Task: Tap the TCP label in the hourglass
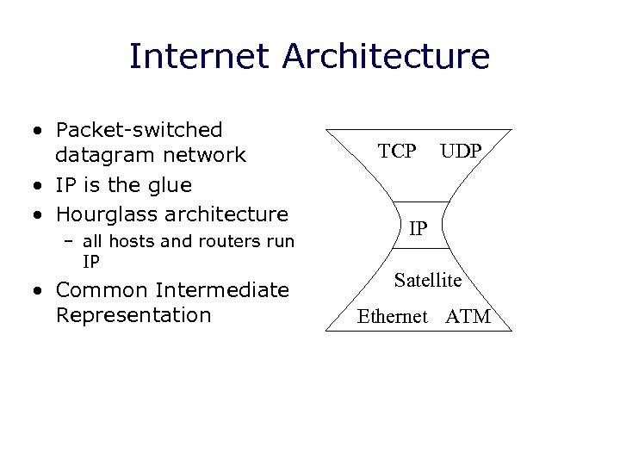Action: click(x=397, y=152)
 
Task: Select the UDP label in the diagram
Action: click(x=461, y=152)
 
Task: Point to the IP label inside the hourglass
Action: click(x=418, y=228)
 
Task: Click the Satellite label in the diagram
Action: click(x=428, y=280)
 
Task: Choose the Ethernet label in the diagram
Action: click(x=392, y=317)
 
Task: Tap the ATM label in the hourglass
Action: click(x=468, y=317)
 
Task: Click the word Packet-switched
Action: click(x=139, y=130)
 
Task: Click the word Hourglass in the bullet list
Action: click(x=108, y=214)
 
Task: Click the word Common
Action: click(x=101, y=289)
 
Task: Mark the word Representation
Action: click(x=133, y=315)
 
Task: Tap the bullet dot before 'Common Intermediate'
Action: click(x=40, y=290)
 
